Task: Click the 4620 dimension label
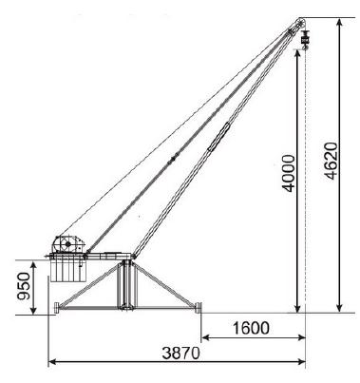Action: [x=332, y=162]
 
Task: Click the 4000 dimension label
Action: [x=289, y=173]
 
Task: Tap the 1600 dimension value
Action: [x=251, y=328]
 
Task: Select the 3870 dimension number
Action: [x=181, y=353]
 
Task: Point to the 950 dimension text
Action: [x=24, y=286]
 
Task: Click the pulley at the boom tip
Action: [x=299, y=23]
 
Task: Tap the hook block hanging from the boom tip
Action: [x=305, y=41]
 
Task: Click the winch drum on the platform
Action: [x=67, y=244]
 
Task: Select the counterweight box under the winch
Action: [x=68, y=270]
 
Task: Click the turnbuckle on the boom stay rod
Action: [x=218, y=137]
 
